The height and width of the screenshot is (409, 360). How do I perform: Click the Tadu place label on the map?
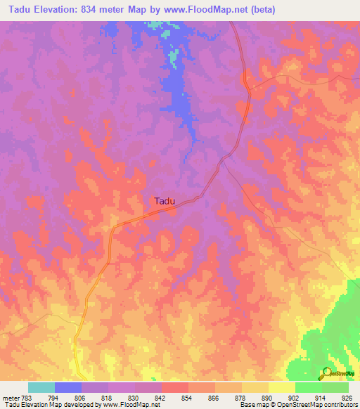165,201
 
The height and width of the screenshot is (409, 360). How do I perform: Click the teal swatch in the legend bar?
41,387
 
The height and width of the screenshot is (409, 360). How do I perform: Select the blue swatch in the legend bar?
68,387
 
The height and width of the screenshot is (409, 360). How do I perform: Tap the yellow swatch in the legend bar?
282,387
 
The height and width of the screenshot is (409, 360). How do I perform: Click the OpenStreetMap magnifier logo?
326,374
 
